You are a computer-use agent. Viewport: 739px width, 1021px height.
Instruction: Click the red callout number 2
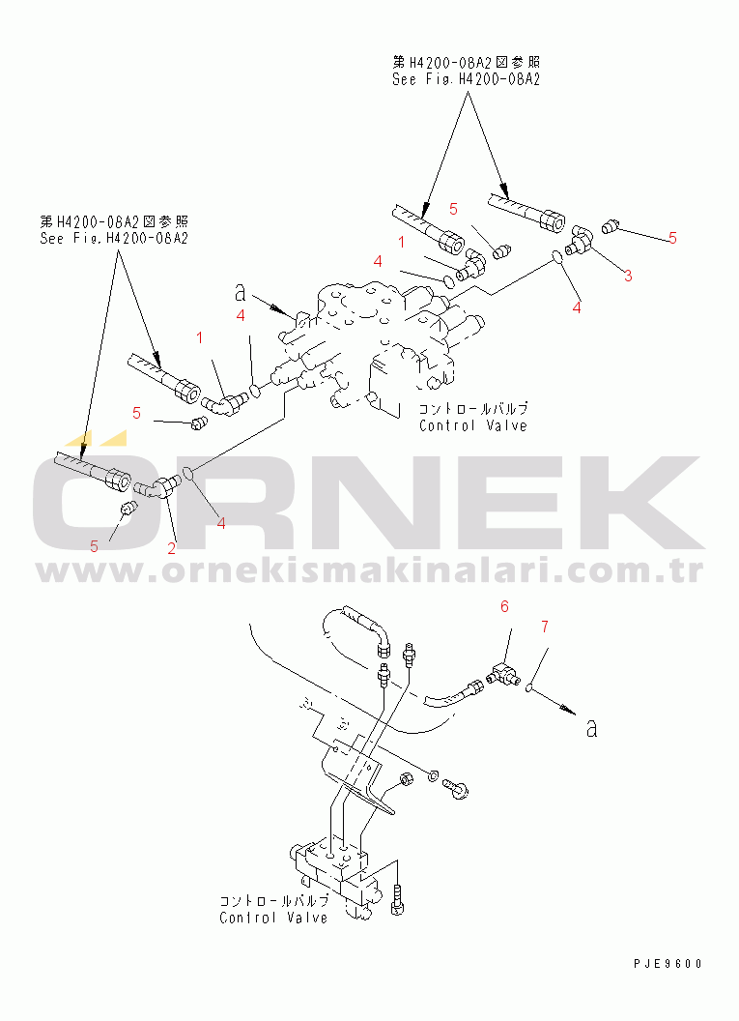click(171, 548)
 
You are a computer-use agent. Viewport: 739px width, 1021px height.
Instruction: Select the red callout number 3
click(628, 276)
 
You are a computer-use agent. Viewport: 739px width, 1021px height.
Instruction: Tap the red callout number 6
click(505, 606)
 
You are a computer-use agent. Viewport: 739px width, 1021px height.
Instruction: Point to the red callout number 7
click(545, 627)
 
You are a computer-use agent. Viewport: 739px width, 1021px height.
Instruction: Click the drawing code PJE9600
click(668, 964)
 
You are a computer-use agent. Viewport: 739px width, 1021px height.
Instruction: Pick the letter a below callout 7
click(591, 728)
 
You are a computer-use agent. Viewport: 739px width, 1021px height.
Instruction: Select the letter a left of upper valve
click(241, 293)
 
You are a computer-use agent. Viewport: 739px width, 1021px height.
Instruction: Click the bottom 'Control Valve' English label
click(273, 918)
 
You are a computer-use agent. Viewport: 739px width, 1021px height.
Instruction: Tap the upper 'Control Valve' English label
click(473, 425)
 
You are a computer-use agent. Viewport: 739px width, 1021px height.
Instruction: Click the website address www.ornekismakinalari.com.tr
click(369, 571)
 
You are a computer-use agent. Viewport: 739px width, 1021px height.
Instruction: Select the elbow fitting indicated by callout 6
click(505, 672)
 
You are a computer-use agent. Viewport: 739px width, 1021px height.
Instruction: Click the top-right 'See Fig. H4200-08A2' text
click(466, 79)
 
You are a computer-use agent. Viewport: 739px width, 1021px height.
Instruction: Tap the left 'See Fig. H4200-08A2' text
click(114, 238)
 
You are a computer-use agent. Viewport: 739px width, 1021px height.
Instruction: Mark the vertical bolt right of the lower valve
click(397, 899)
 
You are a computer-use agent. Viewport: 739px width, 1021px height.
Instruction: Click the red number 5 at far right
click(672, 238)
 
